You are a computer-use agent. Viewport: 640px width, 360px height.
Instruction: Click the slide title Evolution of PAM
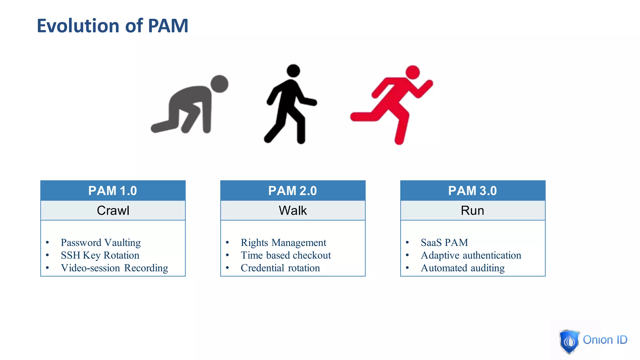[x=112, y=26]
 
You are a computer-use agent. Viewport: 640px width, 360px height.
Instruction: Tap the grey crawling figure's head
[x=219, y=84]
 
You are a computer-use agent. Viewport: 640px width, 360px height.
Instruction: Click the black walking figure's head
[x=293, y=71]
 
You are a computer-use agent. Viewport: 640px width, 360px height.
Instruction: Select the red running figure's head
[x=412, y=72]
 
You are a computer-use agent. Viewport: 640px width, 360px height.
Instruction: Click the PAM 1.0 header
[x=113, y=191]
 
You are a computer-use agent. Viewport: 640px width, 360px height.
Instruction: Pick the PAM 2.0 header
[x=293, y=191]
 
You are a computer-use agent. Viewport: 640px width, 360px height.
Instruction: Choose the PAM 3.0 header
[x=472, y=191]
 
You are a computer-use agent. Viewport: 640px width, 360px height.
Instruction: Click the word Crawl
[x=113, y=211]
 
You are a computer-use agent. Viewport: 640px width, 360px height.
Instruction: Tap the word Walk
[x=293, y=211]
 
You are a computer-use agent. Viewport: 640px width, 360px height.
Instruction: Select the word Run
[x=472, y=211]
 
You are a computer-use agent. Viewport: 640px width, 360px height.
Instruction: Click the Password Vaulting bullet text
[x=101, y=243]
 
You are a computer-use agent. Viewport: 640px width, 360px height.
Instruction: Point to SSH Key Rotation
[x=100, y=255]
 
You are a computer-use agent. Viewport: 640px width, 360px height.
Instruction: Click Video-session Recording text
[x=114, y=268]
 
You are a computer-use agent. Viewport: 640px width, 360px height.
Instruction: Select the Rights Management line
[x=283, y=243]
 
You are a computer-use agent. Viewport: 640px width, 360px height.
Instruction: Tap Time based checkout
[x=286, y=255]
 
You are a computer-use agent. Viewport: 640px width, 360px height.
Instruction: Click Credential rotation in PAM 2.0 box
[x=280, y=268]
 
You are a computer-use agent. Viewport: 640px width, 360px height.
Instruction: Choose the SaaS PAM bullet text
[x=444, y=243]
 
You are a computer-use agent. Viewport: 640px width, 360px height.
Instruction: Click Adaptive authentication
[x=471, y=255]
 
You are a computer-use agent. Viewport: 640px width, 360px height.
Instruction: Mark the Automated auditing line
[x=462, y=268]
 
